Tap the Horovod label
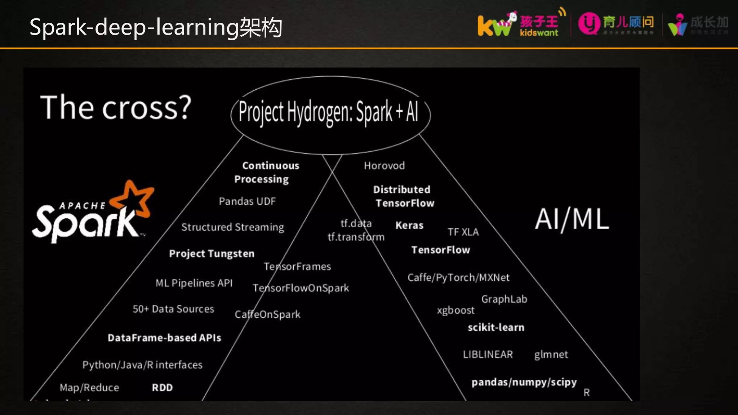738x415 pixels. [384, 166]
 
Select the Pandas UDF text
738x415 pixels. [247, 201]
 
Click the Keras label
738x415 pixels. [409, 226]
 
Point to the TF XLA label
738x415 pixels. [463, 232]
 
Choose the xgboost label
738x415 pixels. [455, 310]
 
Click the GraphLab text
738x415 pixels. [504, 299]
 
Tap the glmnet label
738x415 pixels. [551, 354]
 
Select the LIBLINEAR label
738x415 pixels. [488, 354]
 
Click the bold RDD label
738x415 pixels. [162, 388]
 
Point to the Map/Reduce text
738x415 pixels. [89, 388]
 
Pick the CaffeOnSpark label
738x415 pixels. [267, 314]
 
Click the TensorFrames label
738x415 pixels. [297, 267]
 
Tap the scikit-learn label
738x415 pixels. [496, 327]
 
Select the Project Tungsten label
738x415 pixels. [212, 254]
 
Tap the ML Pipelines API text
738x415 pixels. [194, 283]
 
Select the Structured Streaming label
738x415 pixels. [233, 227]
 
